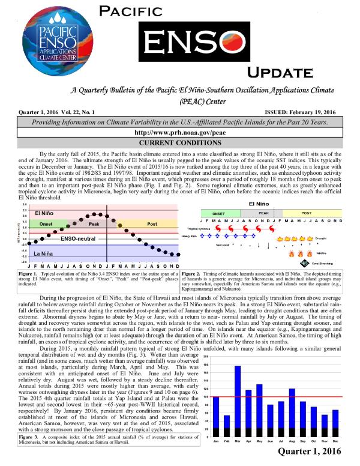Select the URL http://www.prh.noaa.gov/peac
pyautogui.click(x=179, y=132)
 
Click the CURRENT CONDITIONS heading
pyautogui.click(x=179, y=142)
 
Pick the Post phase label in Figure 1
pyautogui.click(x=152, y=223)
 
